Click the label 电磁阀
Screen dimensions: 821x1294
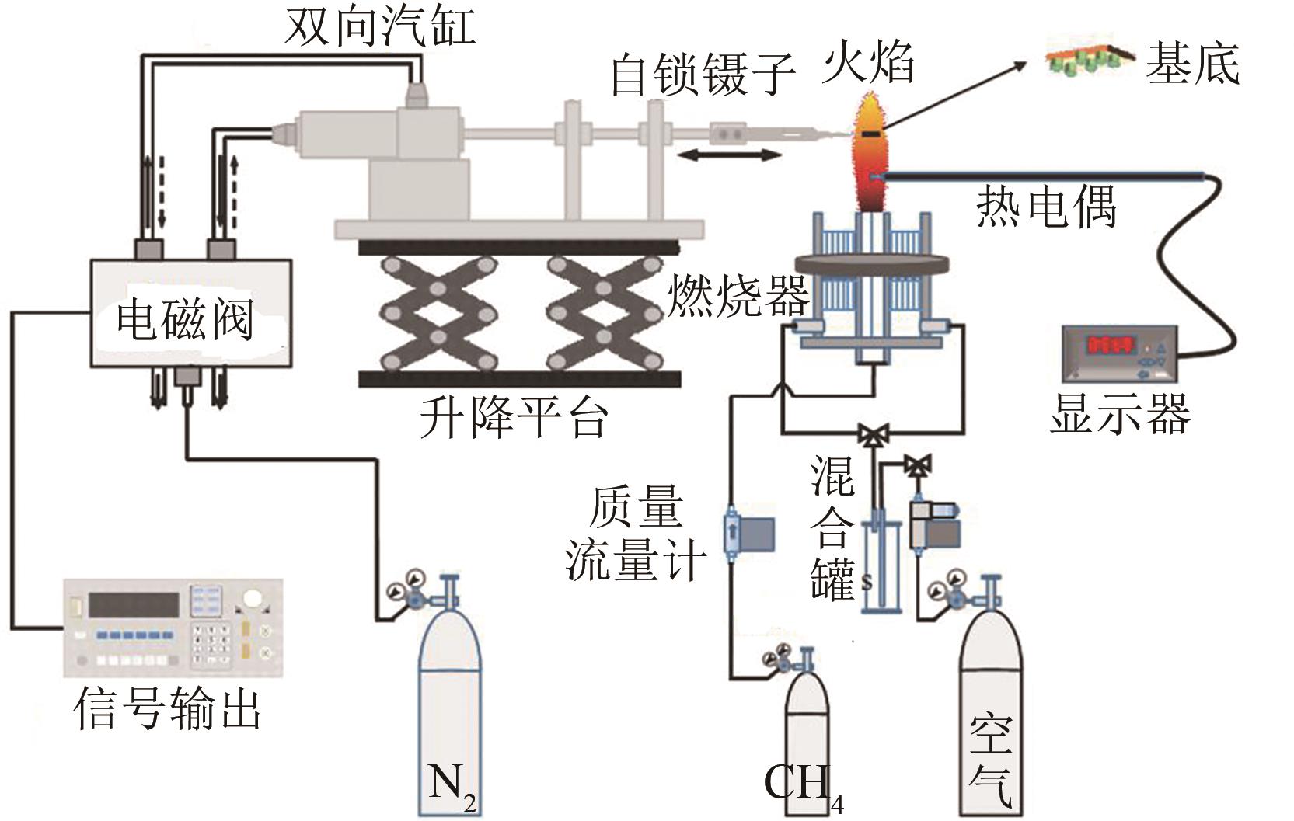(x=185, y=318)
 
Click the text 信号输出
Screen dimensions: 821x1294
(x=167, y=708)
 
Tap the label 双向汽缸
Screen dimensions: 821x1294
(x=380, y=28)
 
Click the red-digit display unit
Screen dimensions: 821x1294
(x=1120, y=353)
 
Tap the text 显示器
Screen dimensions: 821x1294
(x=1120, y=413)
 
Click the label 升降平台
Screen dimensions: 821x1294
(x=514, y=417)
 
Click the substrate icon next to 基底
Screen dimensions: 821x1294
(x=1089, y=55)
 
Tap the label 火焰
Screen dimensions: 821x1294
(x=868, y=62)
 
